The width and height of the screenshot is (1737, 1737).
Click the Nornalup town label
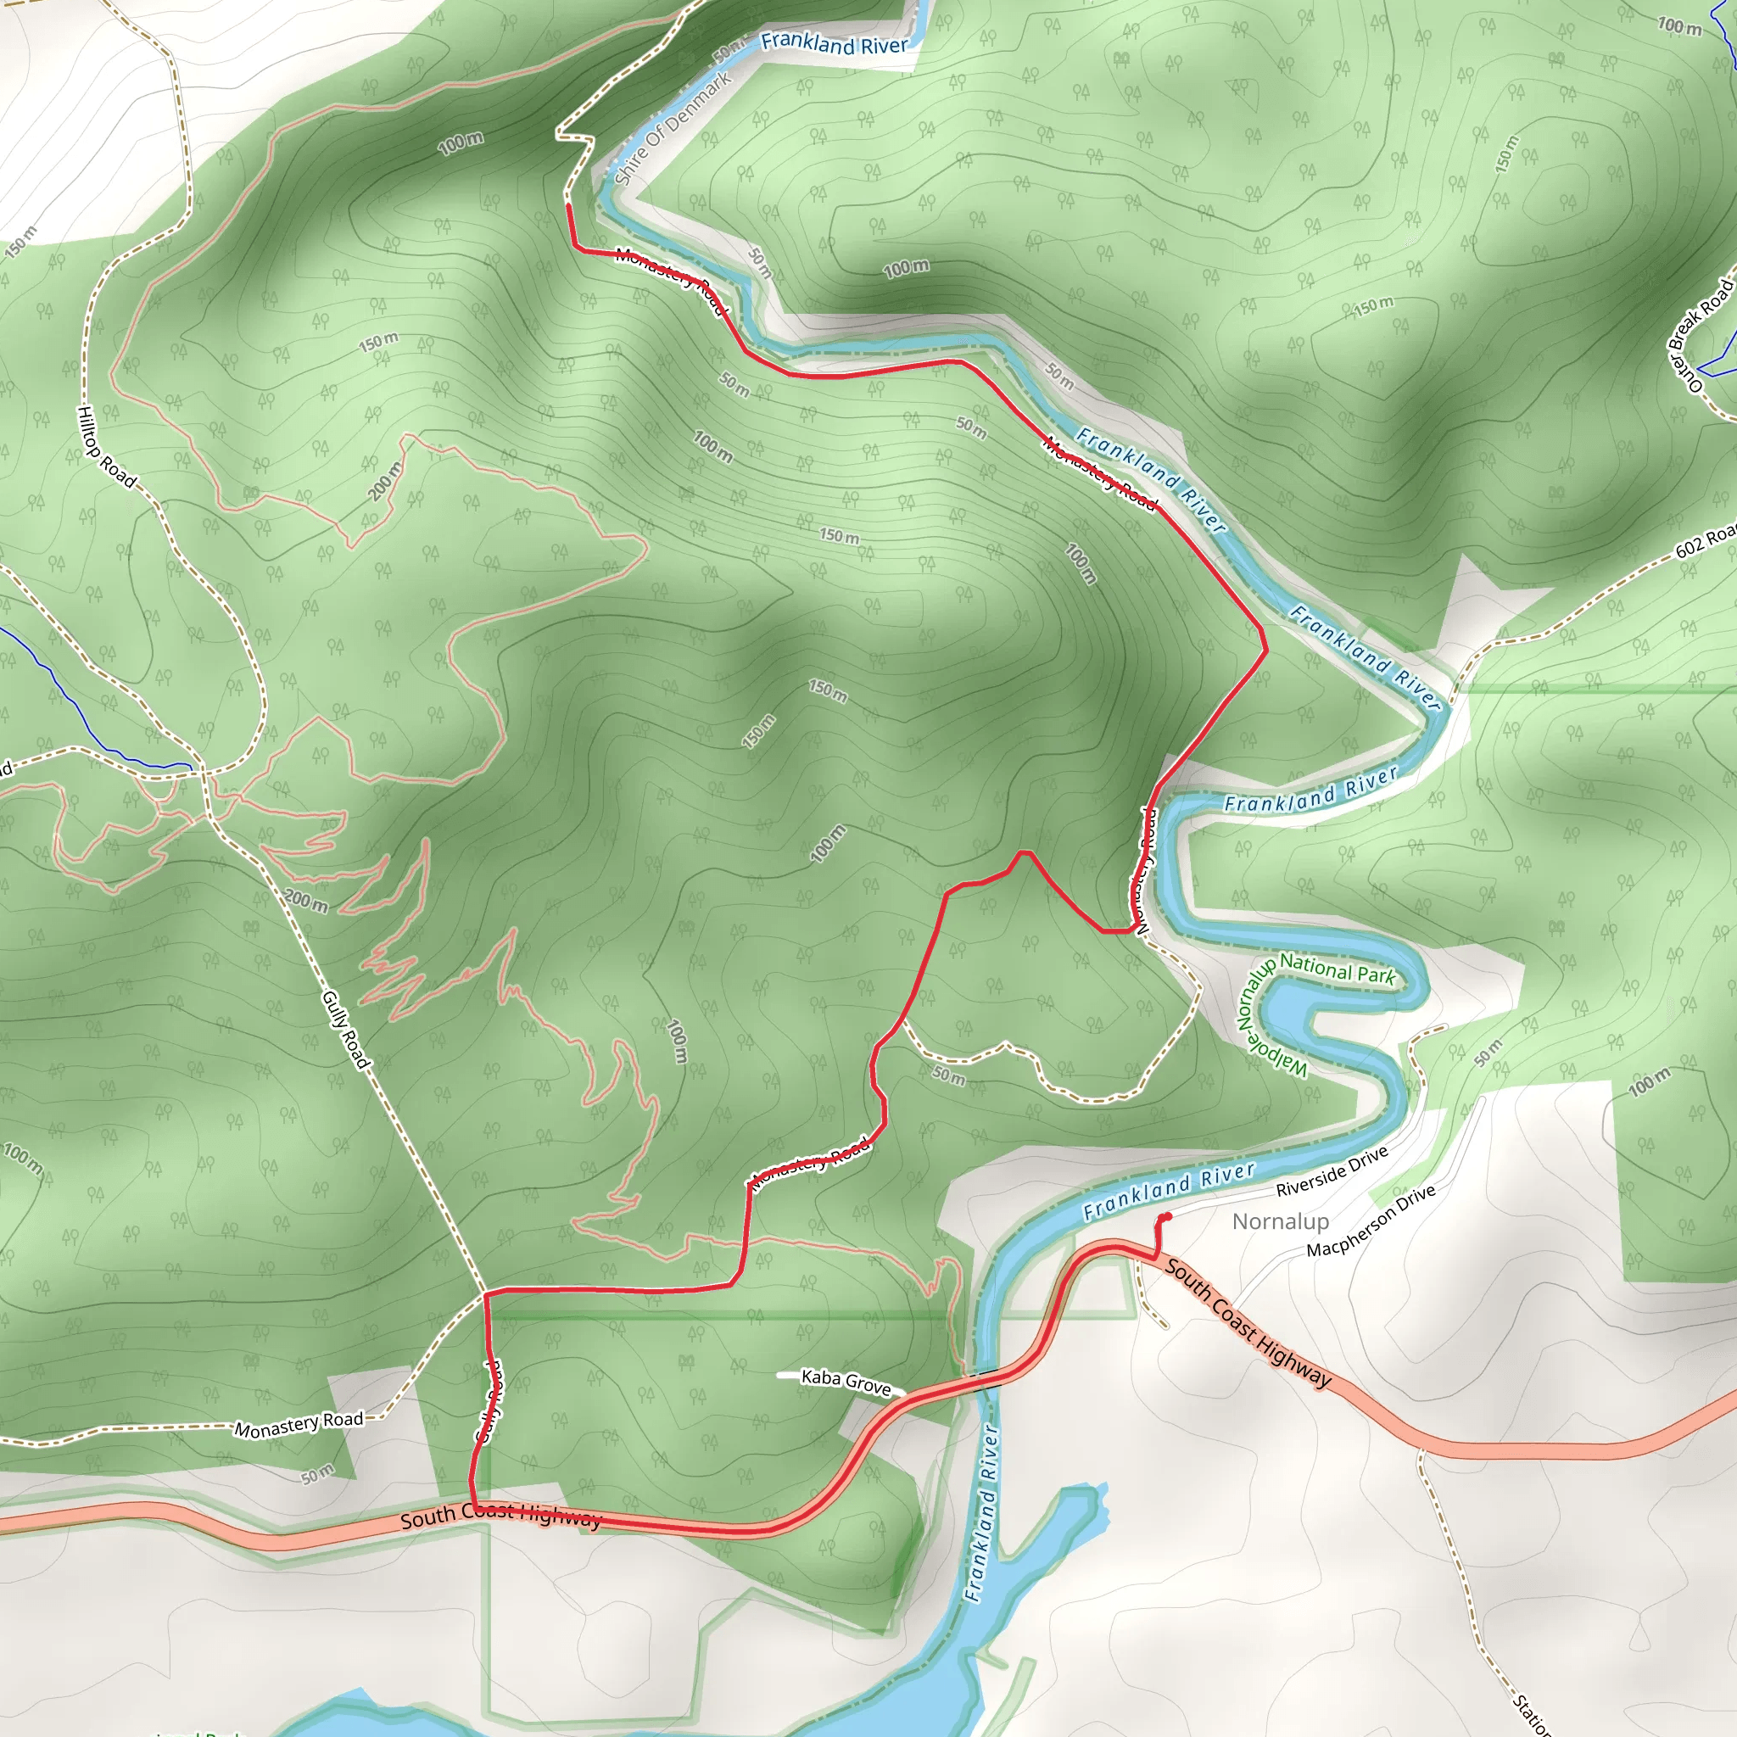[x=1280, y=1222]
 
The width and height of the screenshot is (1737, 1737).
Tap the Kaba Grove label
[x=845, y=1381]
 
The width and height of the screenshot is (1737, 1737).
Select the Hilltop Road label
[x=106, y=447]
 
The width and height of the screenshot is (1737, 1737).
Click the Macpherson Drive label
[x=1371, y=1221]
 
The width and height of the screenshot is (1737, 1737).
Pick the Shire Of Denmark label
[x=673, y=128]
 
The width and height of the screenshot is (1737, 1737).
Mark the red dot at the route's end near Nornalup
[x=1167, y=1217]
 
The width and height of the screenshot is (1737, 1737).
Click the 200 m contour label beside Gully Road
[x=305, y=900]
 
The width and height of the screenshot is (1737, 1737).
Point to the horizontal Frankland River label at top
[x=835, y=43]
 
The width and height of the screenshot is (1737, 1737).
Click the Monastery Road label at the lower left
[x=299, y=1424]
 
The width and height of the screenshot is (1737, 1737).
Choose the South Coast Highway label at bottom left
[x=500, y=1516]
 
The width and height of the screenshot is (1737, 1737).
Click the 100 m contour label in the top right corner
[x=1679, y=26]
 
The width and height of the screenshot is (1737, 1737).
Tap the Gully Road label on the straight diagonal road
[x=346, y=1030]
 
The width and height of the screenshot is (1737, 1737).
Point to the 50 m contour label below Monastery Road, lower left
[x=317, y=1476]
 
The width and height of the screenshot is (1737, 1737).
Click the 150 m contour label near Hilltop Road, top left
[x=21, y=241]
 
